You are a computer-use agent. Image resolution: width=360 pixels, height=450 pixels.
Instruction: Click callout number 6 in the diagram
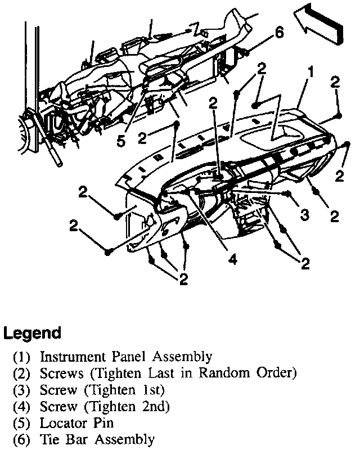pos(280,33)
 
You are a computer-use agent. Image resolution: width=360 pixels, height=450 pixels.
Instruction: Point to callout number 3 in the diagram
pos(304,215)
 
